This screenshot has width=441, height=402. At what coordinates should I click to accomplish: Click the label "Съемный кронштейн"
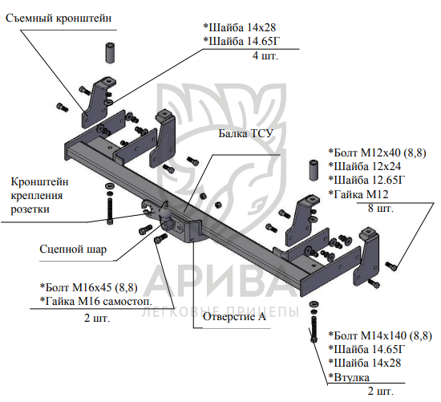coord(59,18)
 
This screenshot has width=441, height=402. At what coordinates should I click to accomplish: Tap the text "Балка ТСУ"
coord(246,133)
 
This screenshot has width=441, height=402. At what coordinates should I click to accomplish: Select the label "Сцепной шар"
coord(73,250)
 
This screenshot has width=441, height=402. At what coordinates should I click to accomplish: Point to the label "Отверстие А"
coord(234,317)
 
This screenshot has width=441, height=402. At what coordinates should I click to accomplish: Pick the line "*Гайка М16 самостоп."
coord(96,301)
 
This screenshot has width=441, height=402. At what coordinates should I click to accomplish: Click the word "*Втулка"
coord(349,377)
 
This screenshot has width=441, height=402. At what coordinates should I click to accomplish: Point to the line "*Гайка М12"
coord(358,194)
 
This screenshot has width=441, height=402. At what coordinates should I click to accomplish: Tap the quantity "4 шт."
coord(265,55)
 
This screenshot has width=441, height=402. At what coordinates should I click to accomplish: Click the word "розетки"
coord(30,209)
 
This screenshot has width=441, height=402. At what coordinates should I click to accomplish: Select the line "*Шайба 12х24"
coord(365,166)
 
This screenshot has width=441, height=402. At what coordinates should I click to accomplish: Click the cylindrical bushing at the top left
coord(111,53)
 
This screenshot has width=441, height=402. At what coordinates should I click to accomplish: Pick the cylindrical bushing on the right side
coord(314,170)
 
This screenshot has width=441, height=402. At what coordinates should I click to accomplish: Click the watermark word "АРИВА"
coord(220,282)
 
